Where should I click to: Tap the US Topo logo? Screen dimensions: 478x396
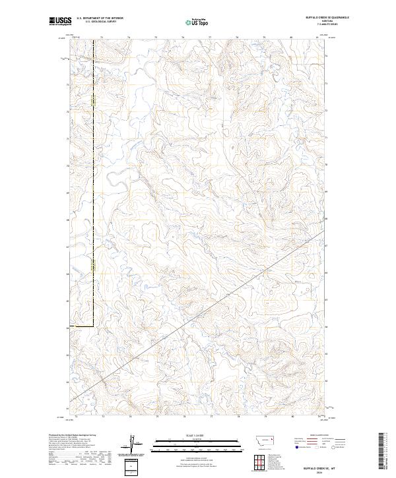pyautogui.click(x=196, y=22)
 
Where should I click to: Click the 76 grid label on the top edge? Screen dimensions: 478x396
pyautogui.click(x=183, y=38)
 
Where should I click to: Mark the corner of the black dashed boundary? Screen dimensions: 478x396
pyautogui.click(x=93, y=326)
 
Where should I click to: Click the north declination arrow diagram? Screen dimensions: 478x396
pyautogui.click(x=135, y=445)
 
